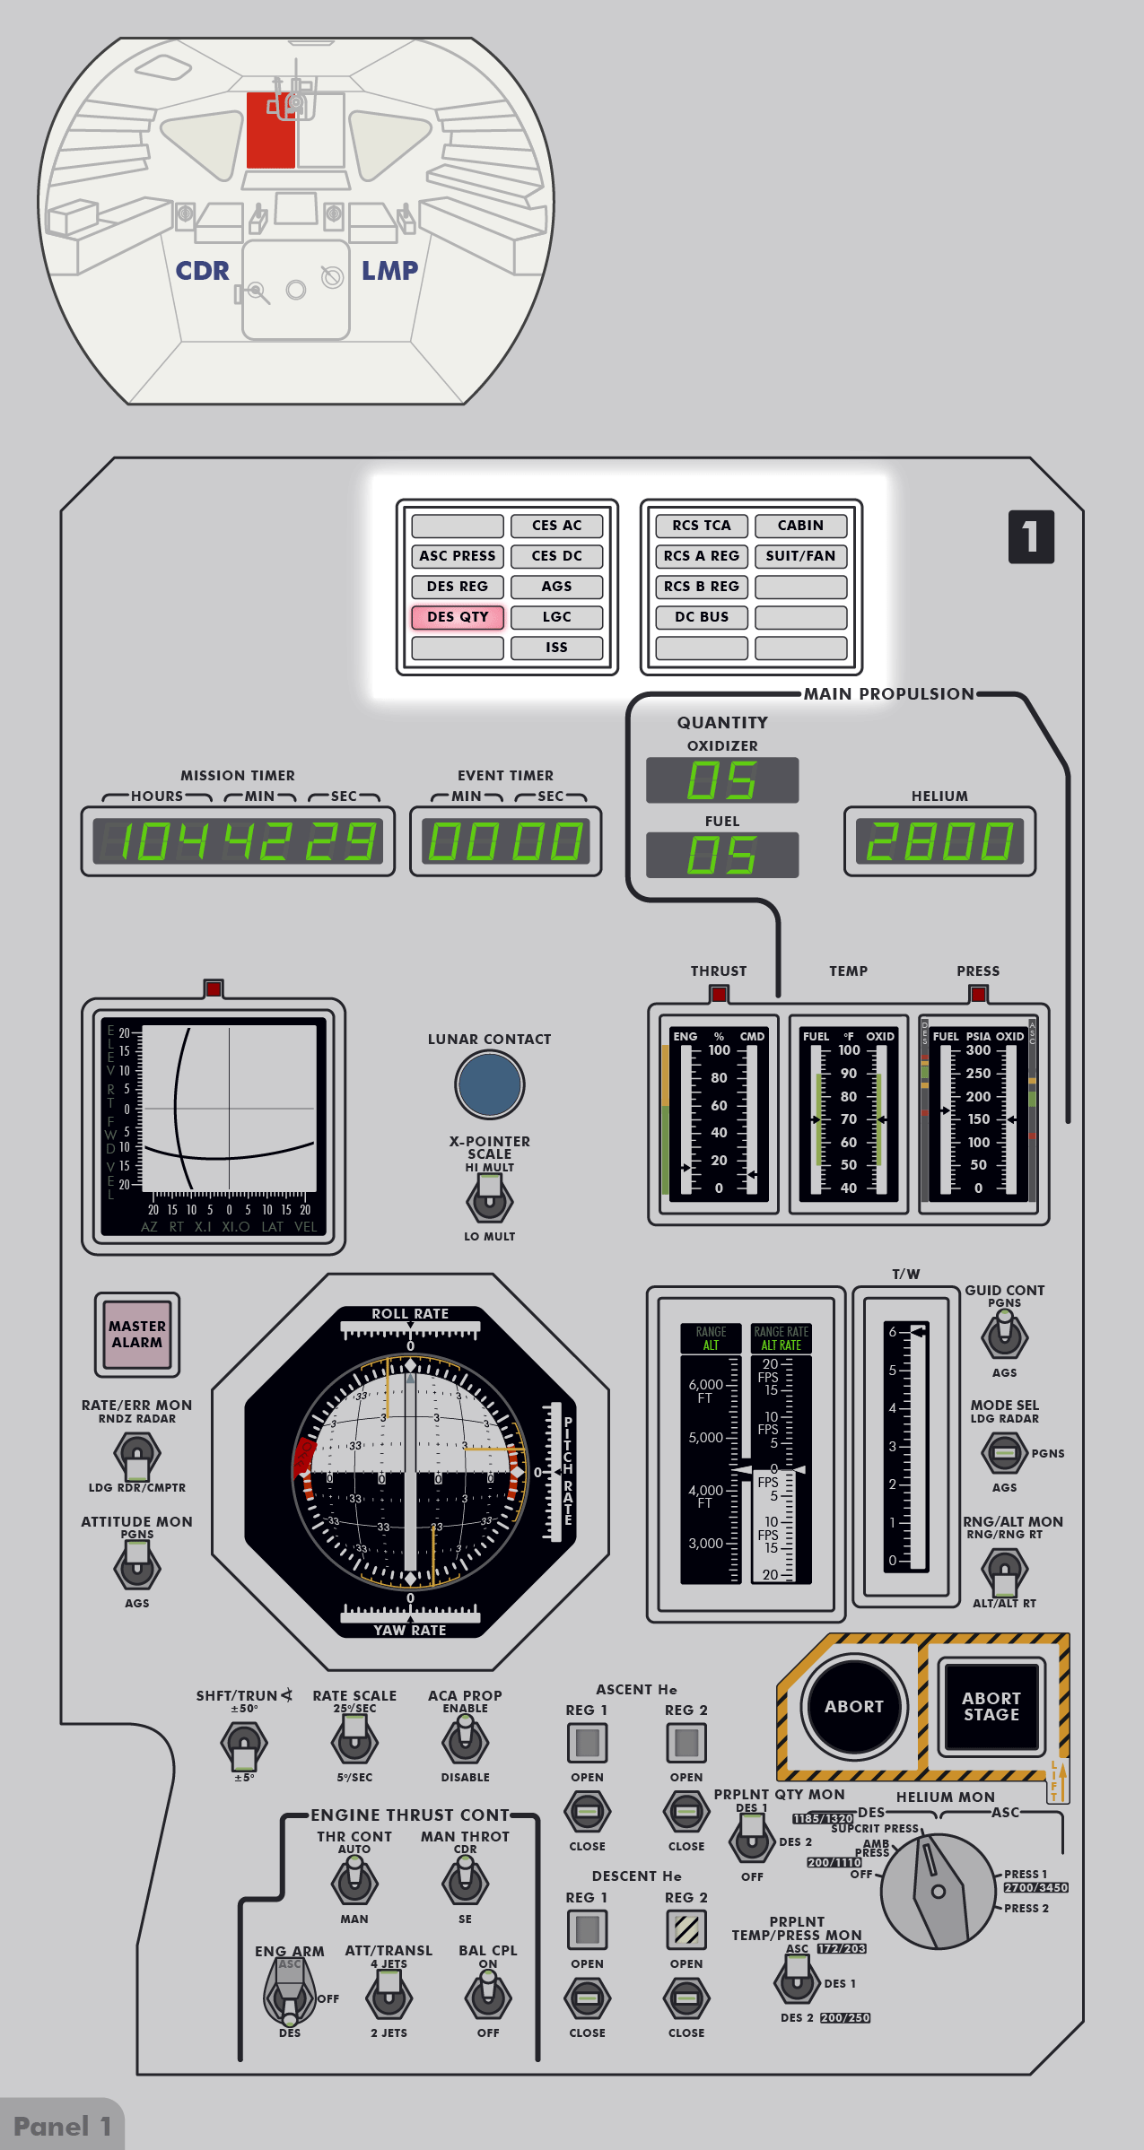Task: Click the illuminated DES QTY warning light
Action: click(x=458, y=617)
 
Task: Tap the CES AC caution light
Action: click(x=556, y=526)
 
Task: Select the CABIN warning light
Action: click(x=800, y=526)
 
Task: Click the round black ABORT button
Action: click(x=853, y=1707)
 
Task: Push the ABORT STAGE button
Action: click(x=991, y=1707)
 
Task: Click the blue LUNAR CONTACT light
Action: click(x=489, y=1084)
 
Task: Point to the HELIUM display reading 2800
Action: click(x=939, y=841)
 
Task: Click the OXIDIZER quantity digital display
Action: click(x=722, y=780)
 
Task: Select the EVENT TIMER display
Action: click(x=505, y=841)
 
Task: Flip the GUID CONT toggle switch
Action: click(x=1004, y=1336)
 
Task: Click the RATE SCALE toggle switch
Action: click(x=354, y=1743)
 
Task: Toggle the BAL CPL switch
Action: click(x=488, y=1998)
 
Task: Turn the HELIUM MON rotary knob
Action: click(x=938, y=1891)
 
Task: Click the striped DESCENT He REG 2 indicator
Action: click(x=686, y=1929)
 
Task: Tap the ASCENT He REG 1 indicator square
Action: click(x=587, y=1743)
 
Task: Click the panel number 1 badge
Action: click(x=1031, y=537)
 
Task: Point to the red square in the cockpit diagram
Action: click(x=270, y=131)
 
